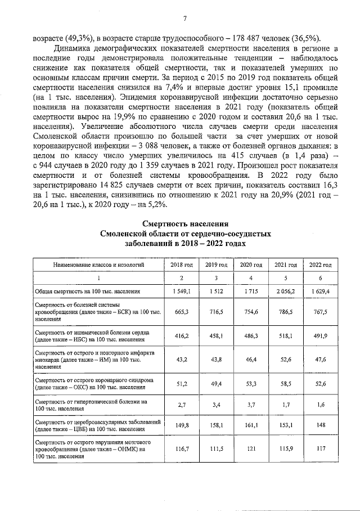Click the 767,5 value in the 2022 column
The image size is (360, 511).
pyautogui.click(x=319, y=313)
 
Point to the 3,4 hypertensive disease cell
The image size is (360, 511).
pyautogui.click(x=215, y=405)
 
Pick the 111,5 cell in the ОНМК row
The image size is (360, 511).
pyautogui.click(x=215, y=450)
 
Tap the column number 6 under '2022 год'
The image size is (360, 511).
pyautogui.click(x=319, y=278)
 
